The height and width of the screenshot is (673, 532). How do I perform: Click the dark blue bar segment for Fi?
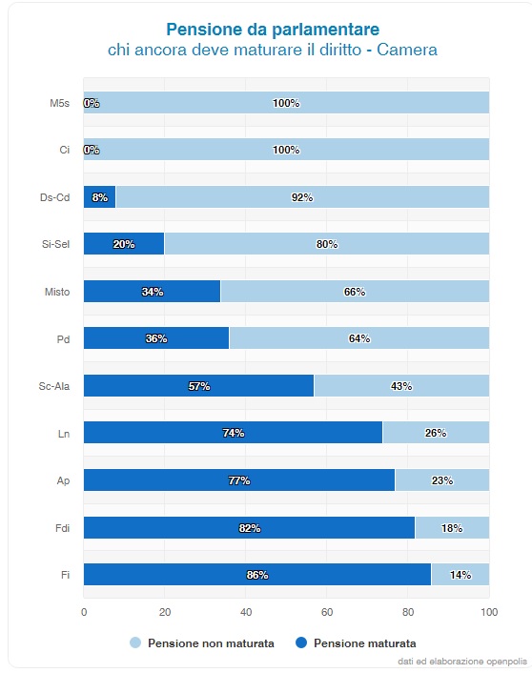pyautogui.click(x=257, y=574)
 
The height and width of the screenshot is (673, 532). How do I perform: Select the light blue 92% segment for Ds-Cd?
pyautogui.click(x=302, y=197)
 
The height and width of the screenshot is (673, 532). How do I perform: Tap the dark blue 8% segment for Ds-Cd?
pyautogui.click(x=99, y=197)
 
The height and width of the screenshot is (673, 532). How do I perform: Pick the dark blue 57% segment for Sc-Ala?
pyautogui.click(x=199, y=385)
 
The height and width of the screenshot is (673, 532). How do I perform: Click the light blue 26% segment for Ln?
pyautogui.click(x=436, y=432)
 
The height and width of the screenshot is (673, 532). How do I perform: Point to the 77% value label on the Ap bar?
pyautogui.click(x=239, y=480)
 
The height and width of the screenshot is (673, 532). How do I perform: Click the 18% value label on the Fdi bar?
pyautogui.click(x=452, y=528)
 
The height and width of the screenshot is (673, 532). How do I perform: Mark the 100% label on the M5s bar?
pyautogui.click(x=286, y=103)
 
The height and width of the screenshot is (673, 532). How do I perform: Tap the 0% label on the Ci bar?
pyautogui.click(x=92, y=150)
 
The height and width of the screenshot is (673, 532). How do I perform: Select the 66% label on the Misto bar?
pyautogui.click(x=355, y=292)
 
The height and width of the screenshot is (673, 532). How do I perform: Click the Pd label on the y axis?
pyautogui.click(x=63, y=339)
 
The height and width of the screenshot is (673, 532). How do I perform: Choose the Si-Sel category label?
pyautogui.click(x=55, y=244)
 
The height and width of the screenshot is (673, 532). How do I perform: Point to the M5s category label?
pyautogui.click(x=59, y=103)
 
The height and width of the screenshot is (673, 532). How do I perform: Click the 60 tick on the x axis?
pyautogui.click(x=327, y=612)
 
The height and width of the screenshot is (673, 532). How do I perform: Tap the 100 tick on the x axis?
pyautogui.click(x=489, y=612)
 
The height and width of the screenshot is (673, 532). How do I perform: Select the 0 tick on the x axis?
pyautogui.click(x=84, y=612)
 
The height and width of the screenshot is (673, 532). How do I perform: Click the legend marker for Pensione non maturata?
pyautogui.click(x=135, y=642)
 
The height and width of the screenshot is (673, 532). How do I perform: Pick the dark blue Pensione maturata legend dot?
pyautogui.click(x=301, y=642)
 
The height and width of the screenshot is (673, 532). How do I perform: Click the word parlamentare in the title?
pyautogui.click(x=326, y=30)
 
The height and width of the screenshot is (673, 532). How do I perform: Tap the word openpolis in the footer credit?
pyautogui.click(x=506, y=661)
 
